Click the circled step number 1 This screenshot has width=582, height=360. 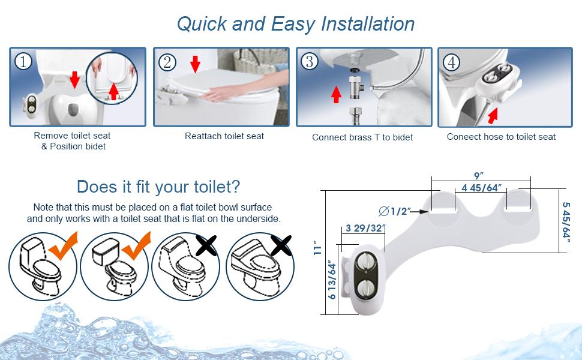click(x=23, y=61)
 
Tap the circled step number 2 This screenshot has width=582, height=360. click(x=167, y=61)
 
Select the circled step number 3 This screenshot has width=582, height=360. click(x=310, y=61)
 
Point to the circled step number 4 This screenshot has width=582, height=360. click(x=452, y=62)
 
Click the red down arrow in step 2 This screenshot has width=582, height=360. click(x=194, y=64)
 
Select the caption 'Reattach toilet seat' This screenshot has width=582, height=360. click(x=224, y=136)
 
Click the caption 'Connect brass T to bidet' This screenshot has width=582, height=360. click(x=362, y=137)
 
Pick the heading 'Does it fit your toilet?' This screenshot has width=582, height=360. click(x=158, y=186)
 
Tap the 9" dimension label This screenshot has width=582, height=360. click(x=479, y=176)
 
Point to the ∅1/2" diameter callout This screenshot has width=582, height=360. click(x=394, y=211)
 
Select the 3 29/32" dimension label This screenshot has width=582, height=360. click(x=364, y=228)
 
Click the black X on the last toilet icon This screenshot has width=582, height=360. click(x=279, y=246)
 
